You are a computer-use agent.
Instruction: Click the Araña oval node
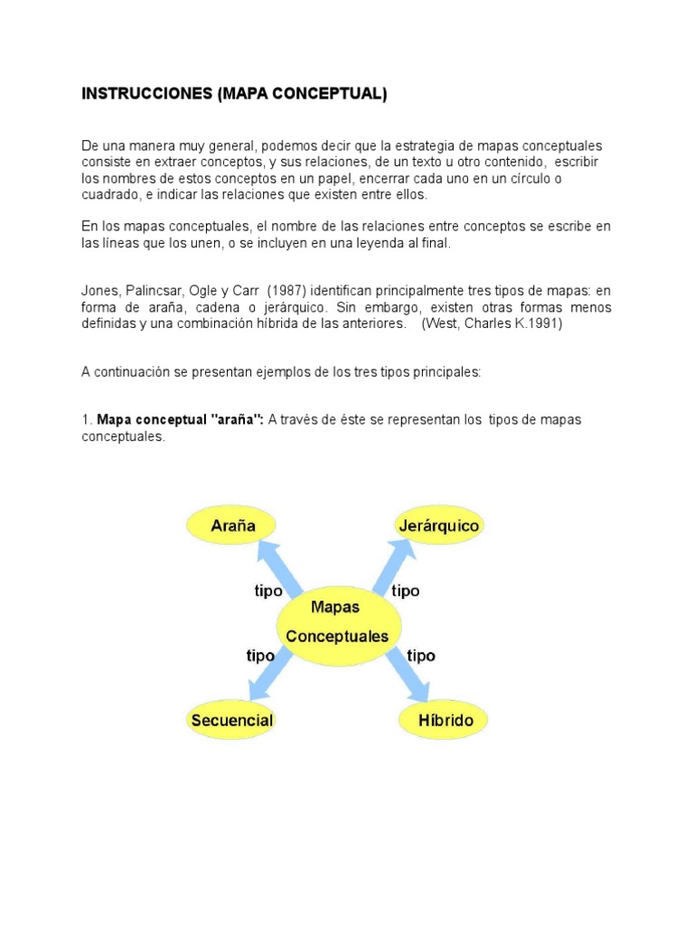pos(231,525)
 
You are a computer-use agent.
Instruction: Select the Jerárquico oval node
pos(439,525)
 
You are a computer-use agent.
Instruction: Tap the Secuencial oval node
pos(232,720)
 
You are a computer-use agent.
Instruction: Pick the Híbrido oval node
pos(441,720)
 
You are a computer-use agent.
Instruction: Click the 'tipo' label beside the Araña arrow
pos(267,591)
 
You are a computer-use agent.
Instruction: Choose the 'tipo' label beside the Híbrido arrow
pos(421,656)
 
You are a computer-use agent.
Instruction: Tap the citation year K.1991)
pos(533,323)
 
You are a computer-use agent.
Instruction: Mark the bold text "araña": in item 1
pos(238,420)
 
